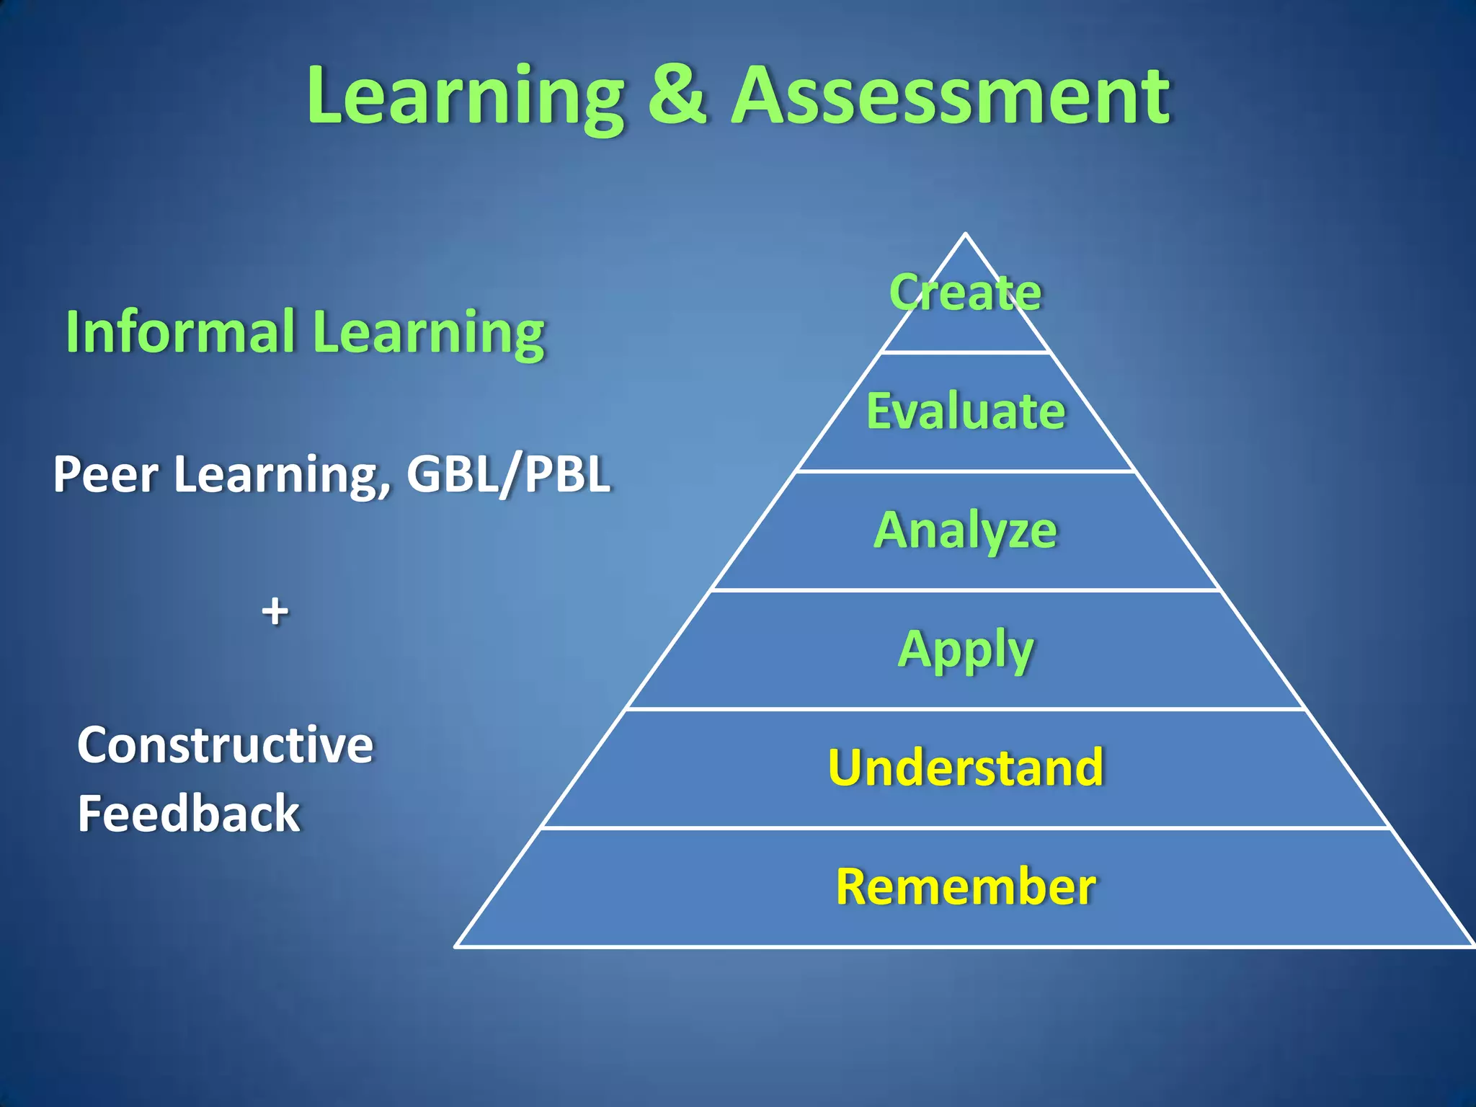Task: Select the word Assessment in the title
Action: pyautogui.click(x=951, y=95)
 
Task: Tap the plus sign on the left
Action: pyautogui.click(x=275, y=613)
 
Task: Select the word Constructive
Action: pyautogui.click(x=226, y=745)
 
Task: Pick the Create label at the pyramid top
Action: pyautogui.click(x=966, y=293)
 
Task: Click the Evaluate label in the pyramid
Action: pyautogui.click(x=966, y=412)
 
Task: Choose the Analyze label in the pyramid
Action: pyautogui.click(x=966, y=531)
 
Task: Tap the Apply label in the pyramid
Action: pyautogui.click(x=966, y=650)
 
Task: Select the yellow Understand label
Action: pyautogui.click(x=966, y=768)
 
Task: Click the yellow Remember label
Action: pyautogui.click(x=966, y=886)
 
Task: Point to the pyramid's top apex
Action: pyautogui.click(x=966, y=235)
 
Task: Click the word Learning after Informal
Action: pyautogui.click(x=430, y=333)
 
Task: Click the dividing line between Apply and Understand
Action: pyautogui.click(x=966, y=709)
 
